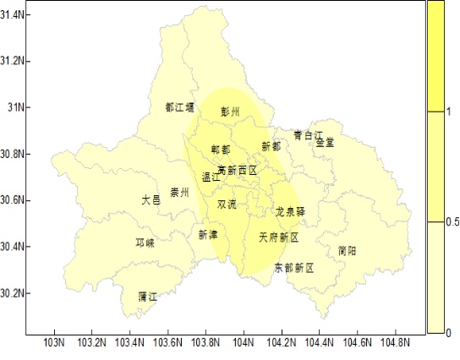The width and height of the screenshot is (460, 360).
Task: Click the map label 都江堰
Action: [x=179, y=107]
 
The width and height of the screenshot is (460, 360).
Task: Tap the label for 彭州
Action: [x=230, y=112]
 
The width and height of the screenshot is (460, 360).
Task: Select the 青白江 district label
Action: [x=309, y=135]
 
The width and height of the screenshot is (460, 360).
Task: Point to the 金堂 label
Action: [x=325, y=143]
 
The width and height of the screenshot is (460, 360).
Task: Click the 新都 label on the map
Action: [x=271, y=146]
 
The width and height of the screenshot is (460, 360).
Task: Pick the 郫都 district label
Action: [x=221, y=150]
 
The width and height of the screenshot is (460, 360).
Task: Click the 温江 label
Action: [x=211, y=177]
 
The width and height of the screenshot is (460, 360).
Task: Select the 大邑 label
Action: [x=151, y=200]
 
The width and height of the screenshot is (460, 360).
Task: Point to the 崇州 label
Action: [x=179, y=193]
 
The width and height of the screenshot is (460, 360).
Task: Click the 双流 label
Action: [x=227, y=205]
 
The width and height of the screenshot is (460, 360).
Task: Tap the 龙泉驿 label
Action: [x=291, y=210]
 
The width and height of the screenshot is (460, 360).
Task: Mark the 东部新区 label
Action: [x=293, y=268]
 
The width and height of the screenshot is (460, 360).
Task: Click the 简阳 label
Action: [x=347, y=251]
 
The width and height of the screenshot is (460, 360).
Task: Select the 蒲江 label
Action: [x=148, y=297]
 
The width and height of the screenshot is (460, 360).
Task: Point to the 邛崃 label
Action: [x=145, y=243]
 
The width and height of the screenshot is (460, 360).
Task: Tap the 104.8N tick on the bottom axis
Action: [x=396, y=343]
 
